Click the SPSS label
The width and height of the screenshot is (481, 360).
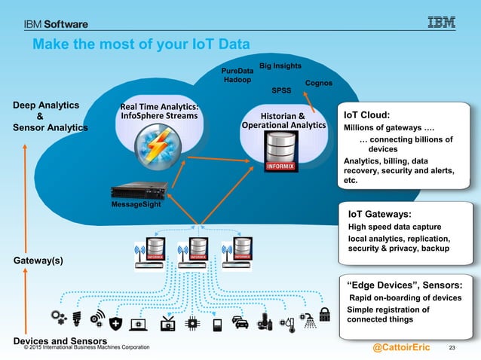click(281, 90)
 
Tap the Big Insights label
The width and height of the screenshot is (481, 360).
click(280, 66)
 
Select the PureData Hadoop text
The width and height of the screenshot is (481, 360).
click(237, 75)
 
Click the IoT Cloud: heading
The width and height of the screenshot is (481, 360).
click(366, 115)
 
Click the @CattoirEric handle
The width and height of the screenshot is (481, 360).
click(401, 347)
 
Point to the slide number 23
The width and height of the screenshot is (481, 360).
click(453, 347)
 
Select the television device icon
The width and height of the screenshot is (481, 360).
click(167, 324)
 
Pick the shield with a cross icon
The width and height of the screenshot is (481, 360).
click(115, 323)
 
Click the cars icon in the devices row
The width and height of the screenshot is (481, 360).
click(240, 323)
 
